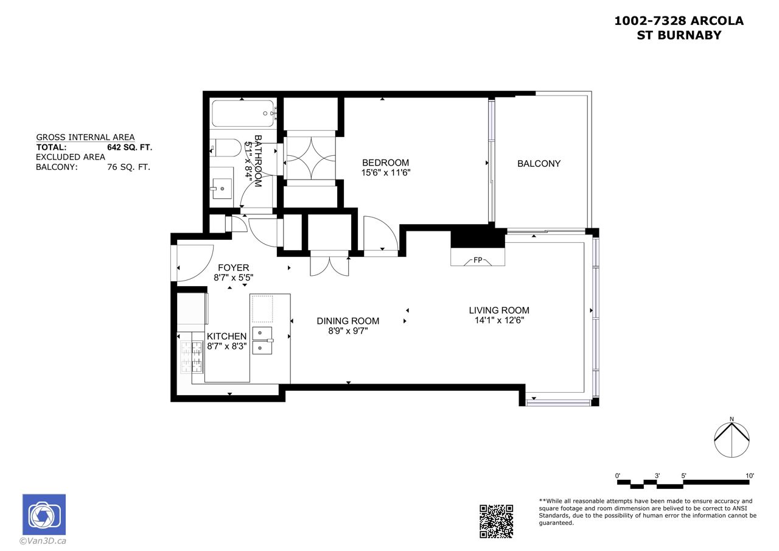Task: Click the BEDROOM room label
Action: [385, 163]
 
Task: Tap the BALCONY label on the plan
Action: [539, 164]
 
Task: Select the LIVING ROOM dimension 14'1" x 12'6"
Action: [499, 320]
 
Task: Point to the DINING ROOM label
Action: [348, 321]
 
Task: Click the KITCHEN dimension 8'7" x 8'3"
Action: [227, 346]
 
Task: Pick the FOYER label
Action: [233, 267]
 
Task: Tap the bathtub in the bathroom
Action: [243, 113]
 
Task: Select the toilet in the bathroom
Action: [225, 148]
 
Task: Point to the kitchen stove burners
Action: [192, 357]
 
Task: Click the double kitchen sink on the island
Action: [262, 340]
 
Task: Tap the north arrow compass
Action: [732, 438]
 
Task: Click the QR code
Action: [496, 521]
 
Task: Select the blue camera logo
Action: [44, 514]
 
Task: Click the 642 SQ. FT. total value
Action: [130, 147]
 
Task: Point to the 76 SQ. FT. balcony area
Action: [128, 167]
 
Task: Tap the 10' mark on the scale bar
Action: [750, 476]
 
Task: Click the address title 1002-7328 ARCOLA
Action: [679, 21]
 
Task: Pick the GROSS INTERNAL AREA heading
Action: [85, 137]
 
